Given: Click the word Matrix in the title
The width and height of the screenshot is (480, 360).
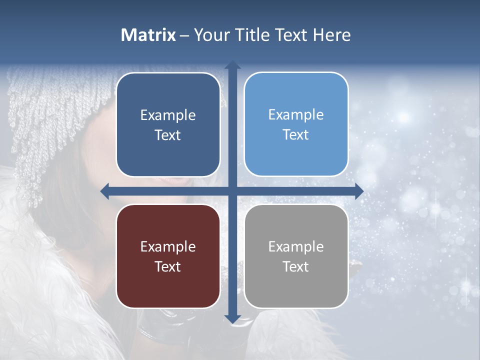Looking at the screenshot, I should pyautogui.click(x=148, y=35).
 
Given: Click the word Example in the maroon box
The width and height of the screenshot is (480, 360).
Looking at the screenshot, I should pyautogui.click(x=168, y=246).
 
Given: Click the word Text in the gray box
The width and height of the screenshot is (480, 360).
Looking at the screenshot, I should pyautogui.click(x=296, y=266).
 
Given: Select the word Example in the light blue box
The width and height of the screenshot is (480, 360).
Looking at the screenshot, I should pyautogui.click(x=296, y=114).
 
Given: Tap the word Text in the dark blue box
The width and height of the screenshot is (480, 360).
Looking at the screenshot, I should pyautogui.click(x=168, y=135).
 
